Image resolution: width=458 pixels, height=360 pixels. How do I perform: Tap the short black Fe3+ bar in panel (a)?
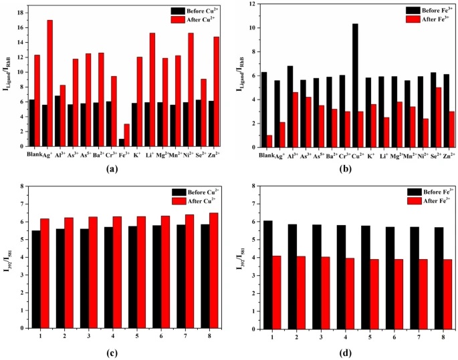[x=122, y=142]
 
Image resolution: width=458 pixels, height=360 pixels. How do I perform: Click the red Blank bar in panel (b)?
[x=269, y=141]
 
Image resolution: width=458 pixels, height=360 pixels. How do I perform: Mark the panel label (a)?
[x=122, y=170]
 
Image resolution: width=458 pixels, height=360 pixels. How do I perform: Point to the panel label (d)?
[x=356, y=351]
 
